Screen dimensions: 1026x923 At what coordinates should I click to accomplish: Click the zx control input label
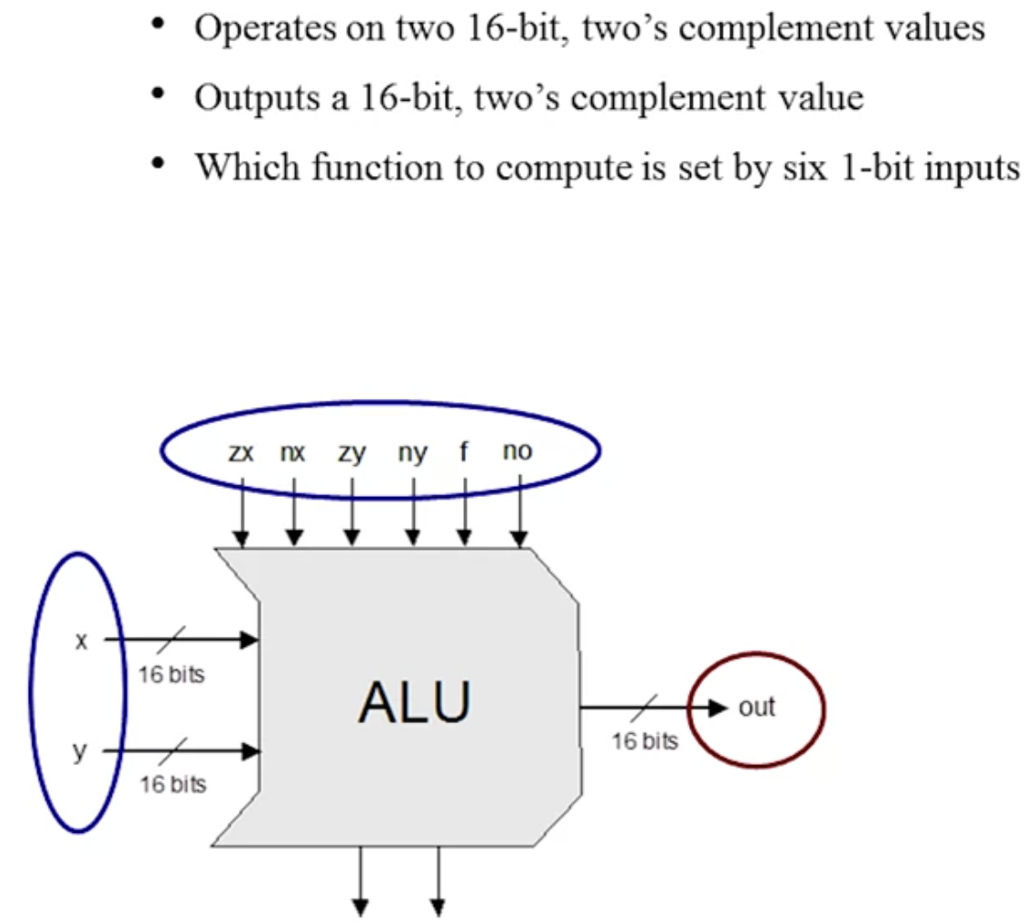(x=240, y=452)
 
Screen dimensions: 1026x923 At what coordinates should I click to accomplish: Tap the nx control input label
(x=292, y=452)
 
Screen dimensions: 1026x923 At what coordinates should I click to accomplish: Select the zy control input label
(x=351, y=453)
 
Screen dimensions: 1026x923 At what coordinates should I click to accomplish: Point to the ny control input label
(x=412, y=453)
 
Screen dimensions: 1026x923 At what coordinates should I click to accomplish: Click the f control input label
(x=464, y=451)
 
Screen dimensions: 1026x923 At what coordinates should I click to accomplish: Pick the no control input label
(x=517, y=451)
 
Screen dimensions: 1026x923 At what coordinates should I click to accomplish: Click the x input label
(x=81, y=640)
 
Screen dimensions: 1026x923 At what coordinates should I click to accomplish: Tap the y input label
(x=80, y=752)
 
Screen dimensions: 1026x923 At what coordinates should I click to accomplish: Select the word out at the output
(x=756, y=707)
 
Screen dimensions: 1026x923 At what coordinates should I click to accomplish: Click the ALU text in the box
(x=415, y=702)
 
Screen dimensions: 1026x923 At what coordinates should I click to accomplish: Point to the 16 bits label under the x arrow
(x=172, y=674)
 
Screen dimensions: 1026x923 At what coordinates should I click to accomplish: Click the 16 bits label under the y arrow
(x=173, y=784)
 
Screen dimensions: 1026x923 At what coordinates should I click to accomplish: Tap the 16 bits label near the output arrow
(x=646, y=741)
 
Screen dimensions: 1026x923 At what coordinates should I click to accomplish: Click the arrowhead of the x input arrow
(x=251, y=640)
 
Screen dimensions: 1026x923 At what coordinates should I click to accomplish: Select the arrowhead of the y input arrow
(x=251, y=750)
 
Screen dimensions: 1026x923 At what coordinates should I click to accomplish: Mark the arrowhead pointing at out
(x=718, y=707)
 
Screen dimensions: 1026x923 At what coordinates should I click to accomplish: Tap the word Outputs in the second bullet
(x=257, y=99)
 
